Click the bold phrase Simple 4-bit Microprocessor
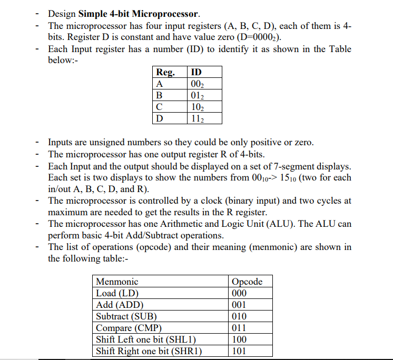coord(139,13)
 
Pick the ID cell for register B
coord(197,95)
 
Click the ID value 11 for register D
coord(197,118)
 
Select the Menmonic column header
coord(116,282)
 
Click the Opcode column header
coord(247,282)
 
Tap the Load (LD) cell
coord(117,293)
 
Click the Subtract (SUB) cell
coord(126,316)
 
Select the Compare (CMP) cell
coord(129,328)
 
